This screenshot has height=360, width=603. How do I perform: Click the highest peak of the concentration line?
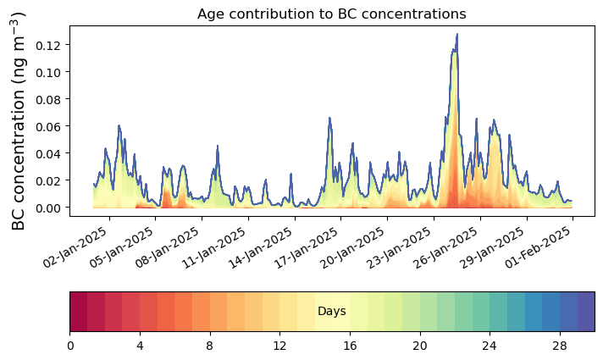[457, 35]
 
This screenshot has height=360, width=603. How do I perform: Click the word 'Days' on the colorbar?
[331, 312]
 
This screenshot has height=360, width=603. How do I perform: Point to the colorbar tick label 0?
[70, 345]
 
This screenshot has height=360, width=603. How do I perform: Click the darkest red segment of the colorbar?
[78, 311]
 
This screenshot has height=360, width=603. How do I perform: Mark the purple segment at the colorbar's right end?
[586, 311]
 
